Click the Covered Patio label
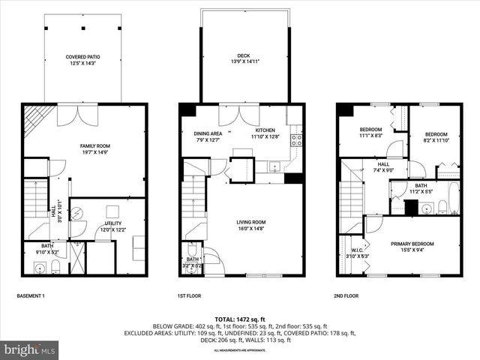[82, 60]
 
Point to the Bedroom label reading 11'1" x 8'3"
[371, 132]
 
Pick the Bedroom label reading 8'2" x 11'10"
[436, 136]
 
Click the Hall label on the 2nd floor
[383, 166]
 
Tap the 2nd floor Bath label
[421, 188]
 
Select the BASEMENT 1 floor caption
[31, 296]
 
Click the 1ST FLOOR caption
[188, 296]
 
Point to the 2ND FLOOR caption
[346, 296]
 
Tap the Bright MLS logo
[30, 349]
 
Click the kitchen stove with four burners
[296, 139]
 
